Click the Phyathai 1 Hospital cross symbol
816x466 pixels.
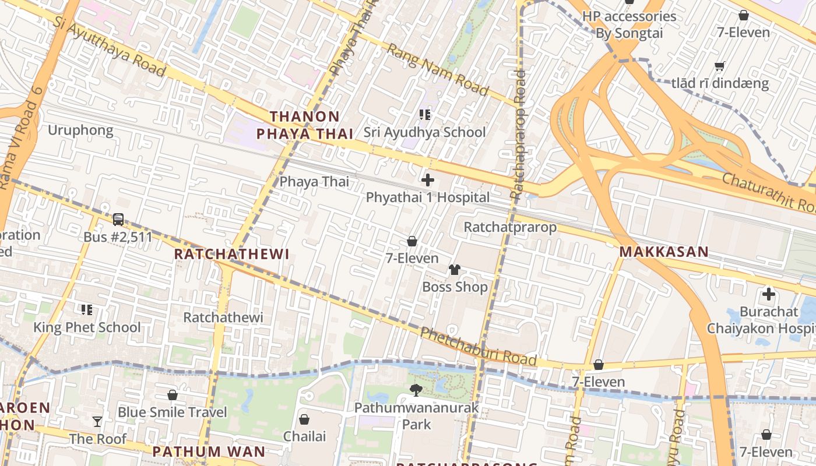[x=428, y=180]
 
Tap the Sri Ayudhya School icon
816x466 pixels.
[x=425, y=115]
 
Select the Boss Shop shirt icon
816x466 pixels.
[x=455, y=269]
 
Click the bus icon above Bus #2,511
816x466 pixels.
[x=118, y=220]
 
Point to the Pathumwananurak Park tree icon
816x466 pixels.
[x=416, y=390]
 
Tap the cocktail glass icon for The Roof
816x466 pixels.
[x=97, y=421]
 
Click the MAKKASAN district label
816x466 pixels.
[x=663, y=252]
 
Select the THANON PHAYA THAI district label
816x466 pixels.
[x=305, y=125]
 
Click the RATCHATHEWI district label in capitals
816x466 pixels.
[x=231, y=254]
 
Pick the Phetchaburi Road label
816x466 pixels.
[x=478, y=347]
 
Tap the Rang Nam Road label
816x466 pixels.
[x=437, y=69]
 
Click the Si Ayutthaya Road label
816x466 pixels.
[x=110, y=45]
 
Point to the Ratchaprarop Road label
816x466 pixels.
[x=518, y=134]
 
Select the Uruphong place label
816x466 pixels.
[x=80, y=130]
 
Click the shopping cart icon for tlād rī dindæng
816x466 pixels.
[x=720, y=66]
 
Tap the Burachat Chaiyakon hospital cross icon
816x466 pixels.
[x=769, y=294]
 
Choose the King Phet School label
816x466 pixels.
[x=87, y=327]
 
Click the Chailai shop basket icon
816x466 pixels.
[x=304, y=419]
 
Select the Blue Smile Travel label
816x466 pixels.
[x=172, y=412]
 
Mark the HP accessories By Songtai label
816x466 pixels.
[x=629, y=24]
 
